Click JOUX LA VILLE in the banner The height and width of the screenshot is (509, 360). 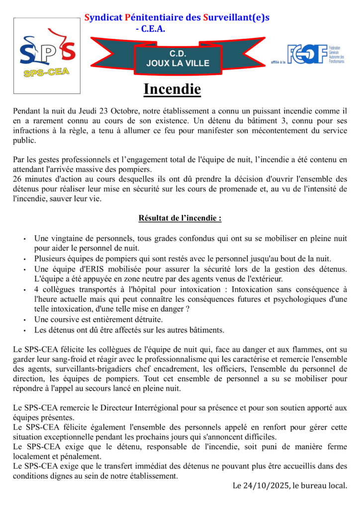click(178, 63)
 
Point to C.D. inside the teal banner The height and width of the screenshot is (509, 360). click(178, 53)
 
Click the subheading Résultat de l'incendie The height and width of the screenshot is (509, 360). click(180, 218)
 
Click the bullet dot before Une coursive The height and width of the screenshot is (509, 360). click(24, 320)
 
